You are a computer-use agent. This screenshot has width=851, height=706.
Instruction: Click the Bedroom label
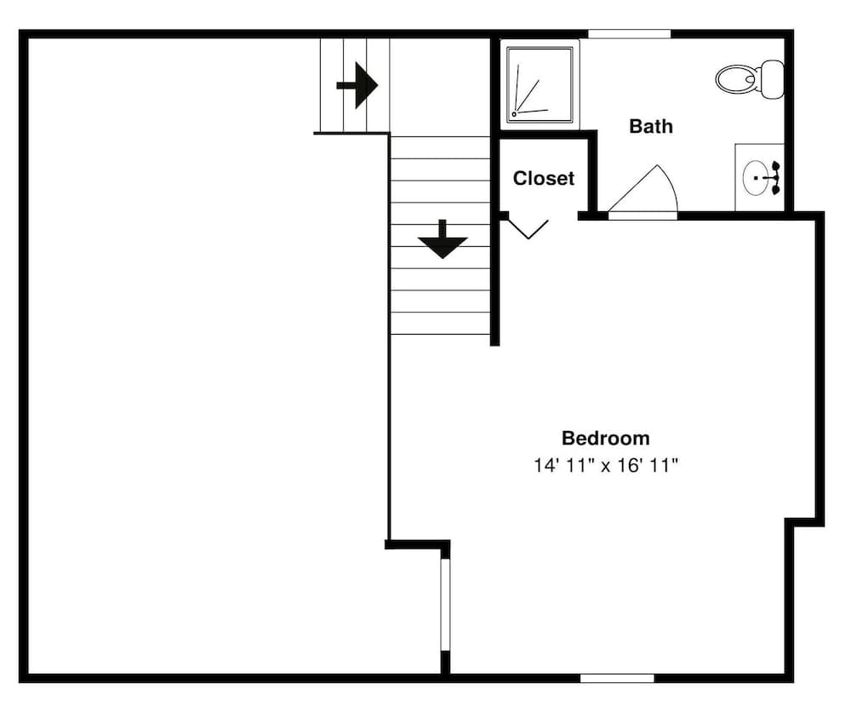[605, 439]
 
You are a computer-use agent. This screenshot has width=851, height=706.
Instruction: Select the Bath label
[650, 127]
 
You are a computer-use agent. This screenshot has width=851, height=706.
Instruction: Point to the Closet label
[543, 179]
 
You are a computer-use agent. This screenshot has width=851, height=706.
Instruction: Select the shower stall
[540, 83]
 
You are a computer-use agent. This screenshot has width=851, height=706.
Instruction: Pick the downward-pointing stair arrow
[443, 240]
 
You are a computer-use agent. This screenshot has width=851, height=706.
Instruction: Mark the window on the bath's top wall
[629, 34]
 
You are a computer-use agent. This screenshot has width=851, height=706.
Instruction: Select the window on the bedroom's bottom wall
[617, 678]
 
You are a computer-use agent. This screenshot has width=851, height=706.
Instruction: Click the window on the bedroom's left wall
[444, 605]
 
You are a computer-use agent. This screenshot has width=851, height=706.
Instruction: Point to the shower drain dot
[514, 113]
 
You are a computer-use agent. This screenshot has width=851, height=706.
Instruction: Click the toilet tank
[772, 78]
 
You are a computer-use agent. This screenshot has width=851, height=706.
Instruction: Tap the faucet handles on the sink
[775, 178]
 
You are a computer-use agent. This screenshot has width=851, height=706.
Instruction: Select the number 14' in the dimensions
[545, 466]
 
